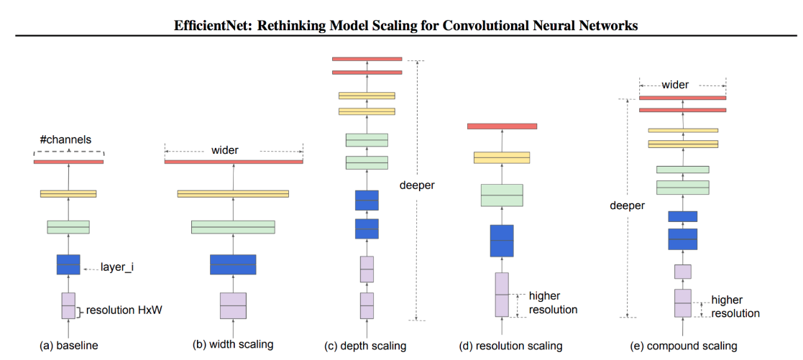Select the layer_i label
point(117,267)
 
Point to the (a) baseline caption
point(68,346)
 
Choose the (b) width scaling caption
point(233,344)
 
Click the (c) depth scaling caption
point(365,346)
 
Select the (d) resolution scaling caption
point(510,346)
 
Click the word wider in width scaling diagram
point(225,151)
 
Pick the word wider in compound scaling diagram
point(675,85)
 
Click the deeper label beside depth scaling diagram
point(417,185)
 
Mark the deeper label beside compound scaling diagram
point(627,206)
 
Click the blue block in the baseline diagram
point(68,264)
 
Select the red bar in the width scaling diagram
point(234,162)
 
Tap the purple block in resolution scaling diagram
point(502,295)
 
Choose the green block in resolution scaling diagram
point(502,195)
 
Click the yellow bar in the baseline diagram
point(68,193)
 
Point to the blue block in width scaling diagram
point(234,264)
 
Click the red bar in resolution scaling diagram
point(502,126)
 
